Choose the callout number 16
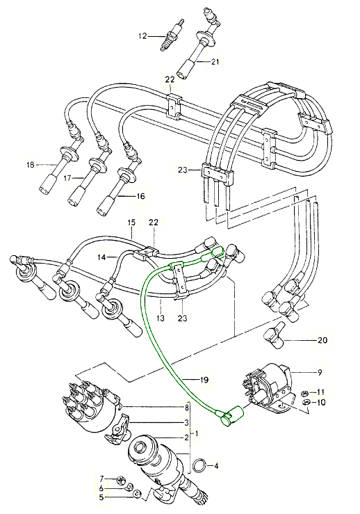140,196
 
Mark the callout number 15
130,222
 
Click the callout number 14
101,257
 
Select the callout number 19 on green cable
203,380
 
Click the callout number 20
322,341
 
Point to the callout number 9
319,373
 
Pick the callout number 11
321,392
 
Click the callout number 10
321,403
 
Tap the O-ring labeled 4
198,464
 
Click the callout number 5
101,497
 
